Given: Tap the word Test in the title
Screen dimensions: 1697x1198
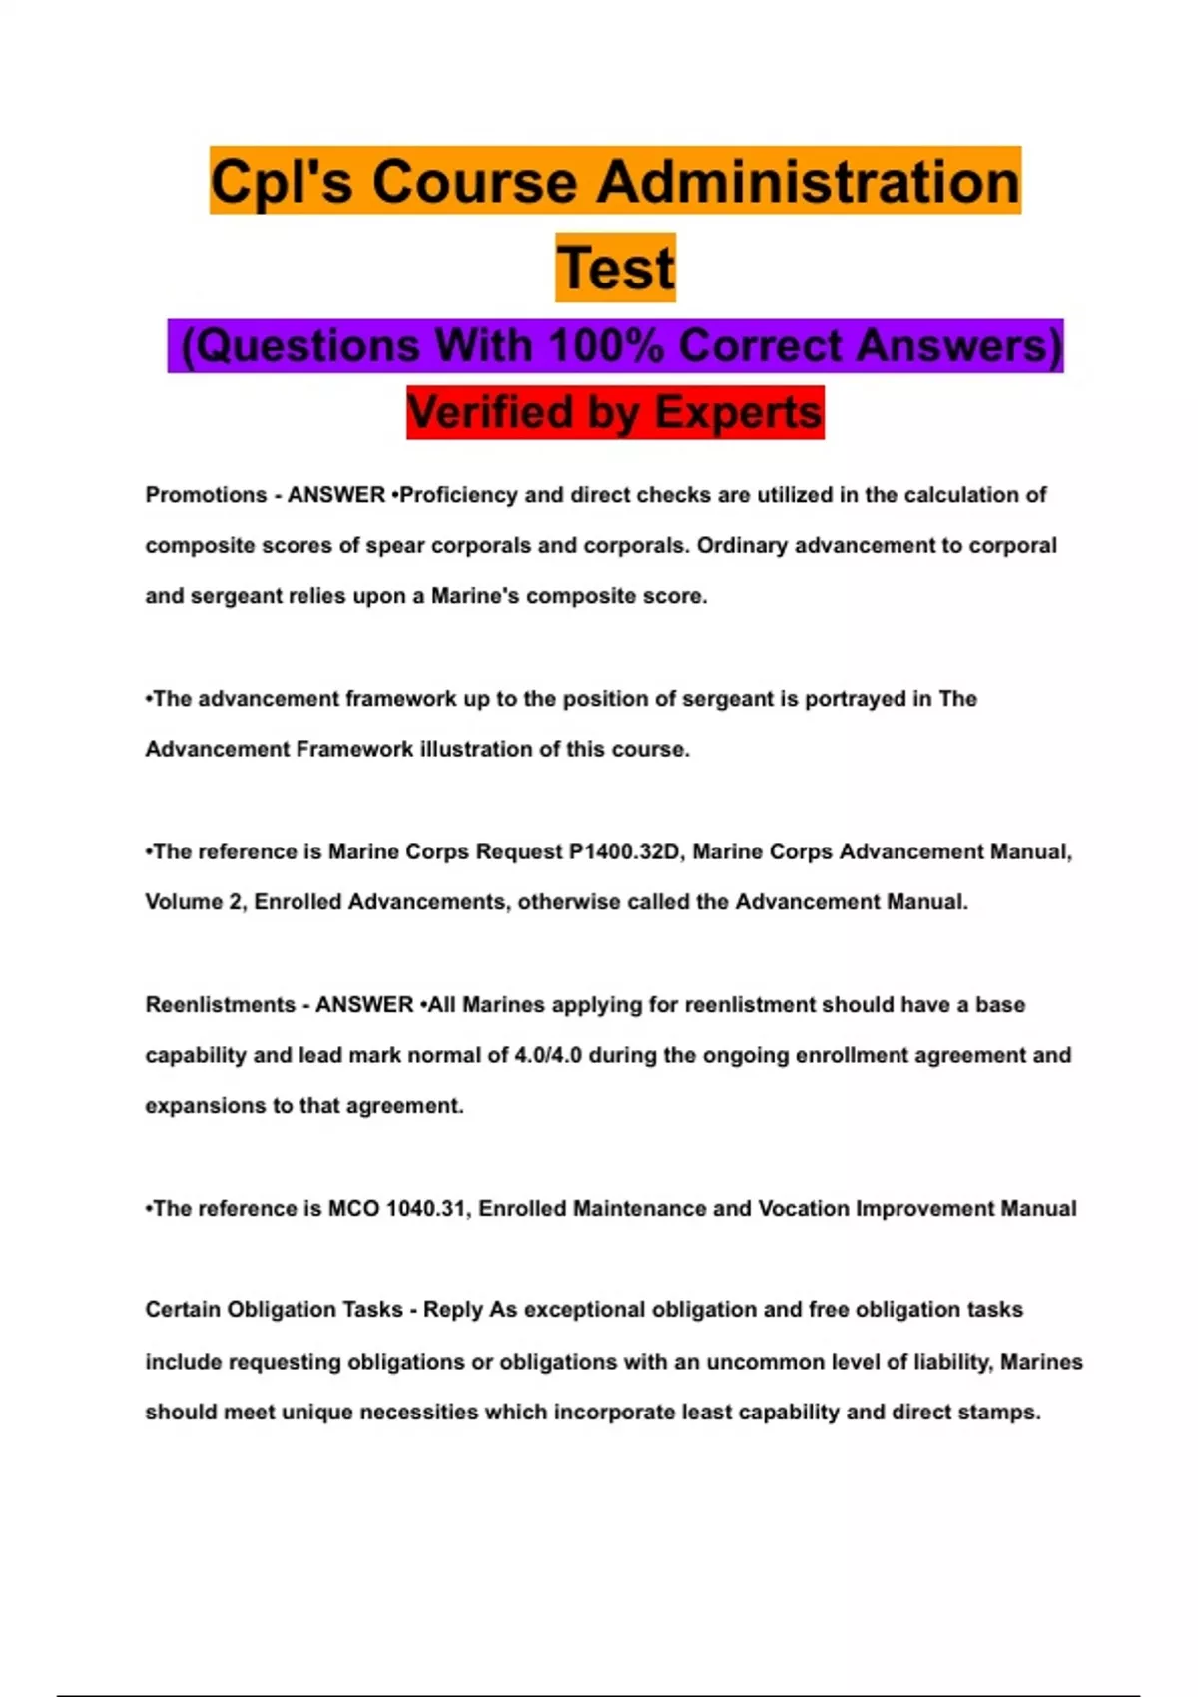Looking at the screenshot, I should [x=615, y=268].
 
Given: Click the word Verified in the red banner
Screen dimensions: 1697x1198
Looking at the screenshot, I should [x=489, y=412].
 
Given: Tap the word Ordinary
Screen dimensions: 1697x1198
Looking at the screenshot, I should [x=741, y=546].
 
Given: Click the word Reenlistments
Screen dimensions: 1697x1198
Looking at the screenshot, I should [x=220, y=1005].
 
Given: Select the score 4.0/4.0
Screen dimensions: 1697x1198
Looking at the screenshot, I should [x=548, y=1055].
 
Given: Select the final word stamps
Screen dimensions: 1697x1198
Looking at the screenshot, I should [x=1006, y=1413].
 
